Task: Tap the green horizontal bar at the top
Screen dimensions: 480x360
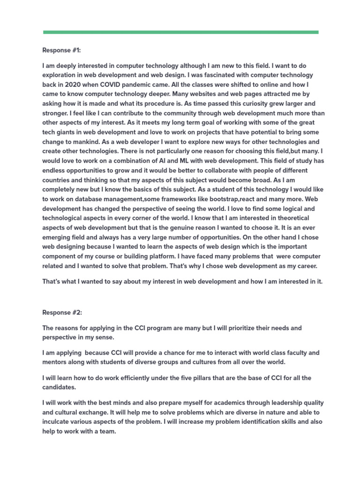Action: click(180, 32)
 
